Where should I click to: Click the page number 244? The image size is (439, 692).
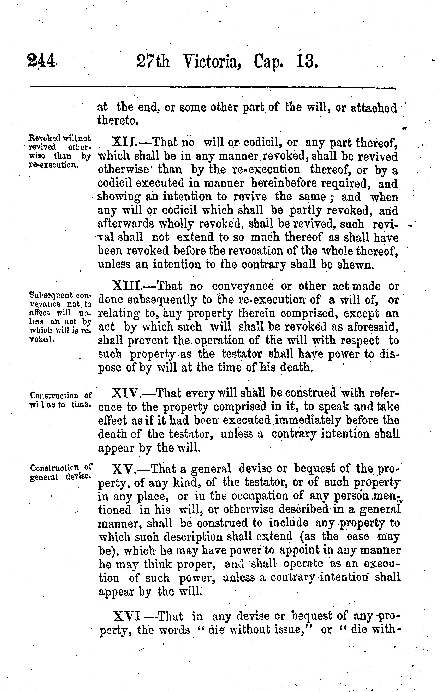tap(41, 61)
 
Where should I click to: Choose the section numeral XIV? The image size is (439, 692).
tap(126, 393)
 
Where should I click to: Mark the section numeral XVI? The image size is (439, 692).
tap(127, 616)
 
